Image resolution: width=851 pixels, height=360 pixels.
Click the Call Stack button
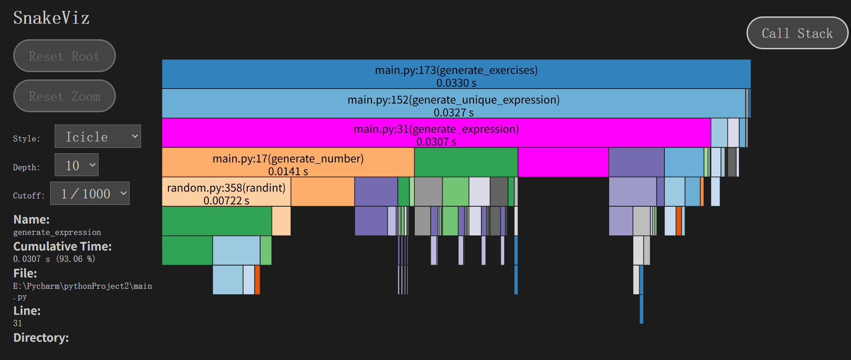pyautogui.click(x=797, y=33)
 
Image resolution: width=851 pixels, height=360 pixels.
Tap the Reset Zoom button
pyautogui.click(x=64, y=96)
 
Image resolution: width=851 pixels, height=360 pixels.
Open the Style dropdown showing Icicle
pyautogui.click(x=98, y=136)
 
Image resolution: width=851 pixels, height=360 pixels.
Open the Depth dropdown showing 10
pyautogui.click(x=77, y=165)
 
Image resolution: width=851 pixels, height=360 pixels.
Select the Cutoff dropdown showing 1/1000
pyautogui.click(x=90, y=193)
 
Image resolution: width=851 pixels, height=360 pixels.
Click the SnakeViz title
pyautogui.click(x=51, y=18)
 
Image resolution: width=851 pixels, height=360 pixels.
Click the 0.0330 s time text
pyautogui.click(x=456, y=83)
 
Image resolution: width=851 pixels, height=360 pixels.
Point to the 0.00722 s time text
pyautogui.click(x=226, y=201)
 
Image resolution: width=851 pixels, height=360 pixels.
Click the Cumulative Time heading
pyautogui.click(x=63, y=246)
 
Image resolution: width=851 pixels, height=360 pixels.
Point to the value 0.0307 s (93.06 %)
pyautogui.click(x=54, y=259)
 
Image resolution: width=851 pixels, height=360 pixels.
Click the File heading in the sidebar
pyautogui.click(x=25, y=273)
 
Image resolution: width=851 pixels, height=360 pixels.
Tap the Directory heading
pyautogui.click(x=41, y=338)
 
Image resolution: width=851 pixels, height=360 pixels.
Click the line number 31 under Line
pyautogui.click(x=18, y=323)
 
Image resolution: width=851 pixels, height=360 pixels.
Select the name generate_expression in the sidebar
pyautogui.click(x=57, y=233)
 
